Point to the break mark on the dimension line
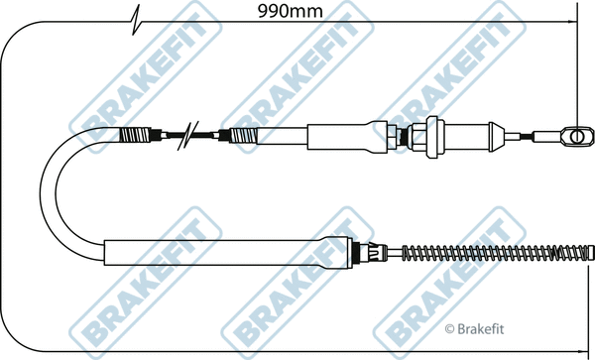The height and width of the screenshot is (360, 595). point(136,21)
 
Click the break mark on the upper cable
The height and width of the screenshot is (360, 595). point(180,134)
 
